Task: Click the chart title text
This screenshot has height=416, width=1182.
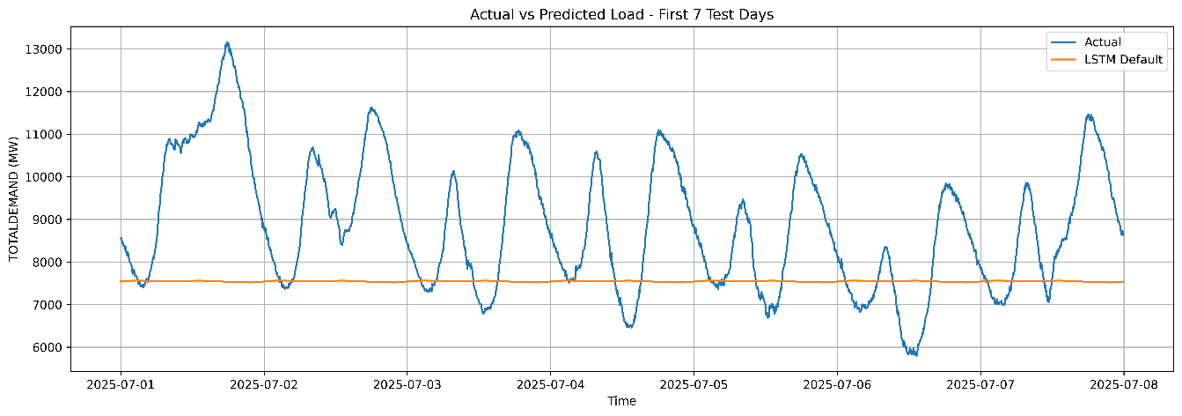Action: tap(621, 14)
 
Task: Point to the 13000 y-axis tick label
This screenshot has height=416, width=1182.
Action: tap(44, 49)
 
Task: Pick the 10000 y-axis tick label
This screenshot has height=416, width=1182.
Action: tap(44, 176)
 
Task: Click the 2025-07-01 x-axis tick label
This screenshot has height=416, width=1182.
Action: tap(121, 384)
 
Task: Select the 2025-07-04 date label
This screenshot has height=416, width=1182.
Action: tap(550, 384)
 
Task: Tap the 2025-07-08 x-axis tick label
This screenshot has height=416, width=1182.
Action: tap(1123, 384)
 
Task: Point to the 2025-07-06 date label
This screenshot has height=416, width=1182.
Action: tap(837, 384)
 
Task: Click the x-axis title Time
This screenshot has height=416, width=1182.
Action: tap(621, 401)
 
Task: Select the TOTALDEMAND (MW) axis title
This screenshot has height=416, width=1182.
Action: tap(14, 199)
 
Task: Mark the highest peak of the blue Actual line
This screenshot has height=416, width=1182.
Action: tap(227, 42)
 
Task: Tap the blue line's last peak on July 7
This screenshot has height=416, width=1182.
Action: tap(1089, 115)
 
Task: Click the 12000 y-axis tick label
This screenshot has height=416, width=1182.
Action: tap(44, 92)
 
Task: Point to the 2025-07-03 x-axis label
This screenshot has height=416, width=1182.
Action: tap(407, 384)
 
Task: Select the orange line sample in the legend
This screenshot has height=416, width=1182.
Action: tap(1063, 60)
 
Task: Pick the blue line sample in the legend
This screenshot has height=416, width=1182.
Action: tap(1063, 41)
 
